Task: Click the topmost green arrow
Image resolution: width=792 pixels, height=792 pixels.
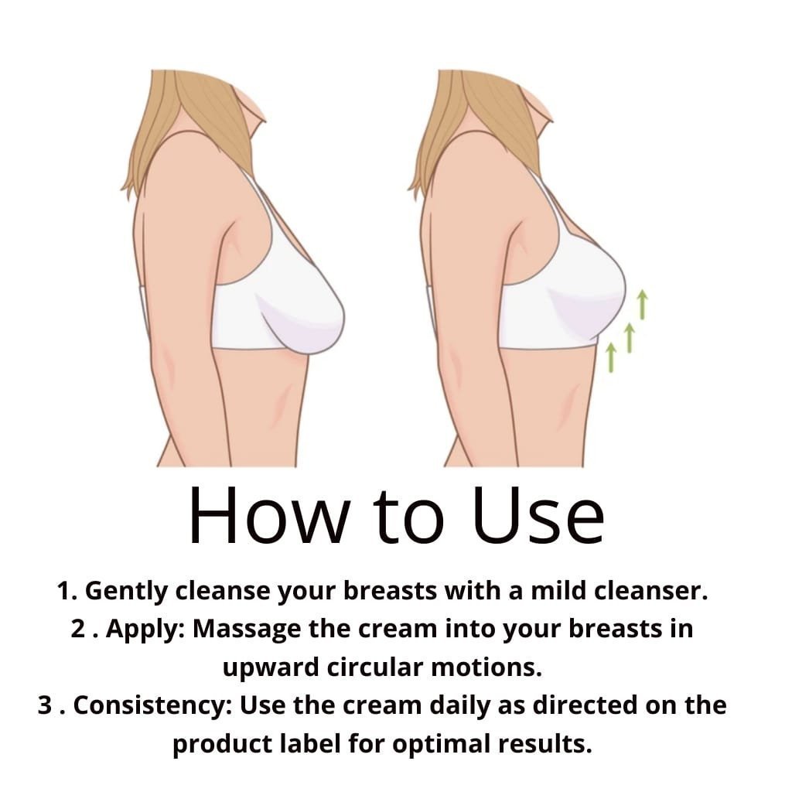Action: tap(642, 305)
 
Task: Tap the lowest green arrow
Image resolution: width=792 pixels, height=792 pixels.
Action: tap(611, 357)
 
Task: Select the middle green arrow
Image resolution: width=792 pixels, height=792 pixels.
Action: tap(630, 338)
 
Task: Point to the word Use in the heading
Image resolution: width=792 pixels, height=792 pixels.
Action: tap(538, 514)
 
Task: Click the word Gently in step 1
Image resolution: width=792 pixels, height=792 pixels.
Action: tap(126, 591)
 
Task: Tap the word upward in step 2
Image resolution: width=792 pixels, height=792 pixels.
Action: tap(271, 667)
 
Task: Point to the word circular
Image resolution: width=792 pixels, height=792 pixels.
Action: tap(375, 667)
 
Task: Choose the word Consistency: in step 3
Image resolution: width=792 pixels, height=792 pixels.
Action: tap(152, 706)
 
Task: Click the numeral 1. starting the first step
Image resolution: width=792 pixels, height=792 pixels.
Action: tap(67, 590)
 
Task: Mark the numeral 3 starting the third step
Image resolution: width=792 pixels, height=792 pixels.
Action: tap(45, 705)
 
